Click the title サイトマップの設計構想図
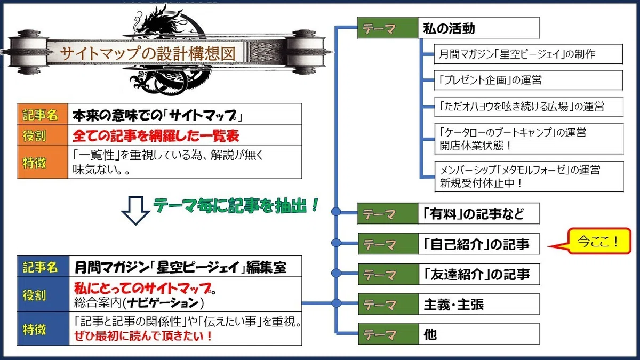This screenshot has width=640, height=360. [148, 53]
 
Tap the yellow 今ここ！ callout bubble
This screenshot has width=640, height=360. [599, 241]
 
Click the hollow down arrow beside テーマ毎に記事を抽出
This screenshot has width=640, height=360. [135, 211]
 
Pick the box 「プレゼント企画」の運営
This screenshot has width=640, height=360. [529, 80]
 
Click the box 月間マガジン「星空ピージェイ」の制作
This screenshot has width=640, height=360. [529, 54]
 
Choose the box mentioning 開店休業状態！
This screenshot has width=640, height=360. [529, 139]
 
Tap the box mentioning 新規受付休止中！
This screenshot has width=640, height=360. [529, 177]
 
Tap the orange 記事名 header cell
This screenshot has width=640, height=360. [43, 114]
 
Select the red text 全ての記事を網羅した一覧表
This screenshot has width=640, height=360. [156, 135]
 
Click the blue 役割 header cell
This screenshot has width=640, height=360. [43, 294]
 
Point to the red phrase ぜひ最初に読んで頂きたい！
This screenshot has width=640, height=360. [143, 335]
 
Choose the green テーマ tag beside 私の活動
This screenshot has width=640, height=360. [388, 28]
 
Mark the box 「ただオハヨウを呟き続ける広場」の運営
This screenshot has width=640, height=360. [529, 107]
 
